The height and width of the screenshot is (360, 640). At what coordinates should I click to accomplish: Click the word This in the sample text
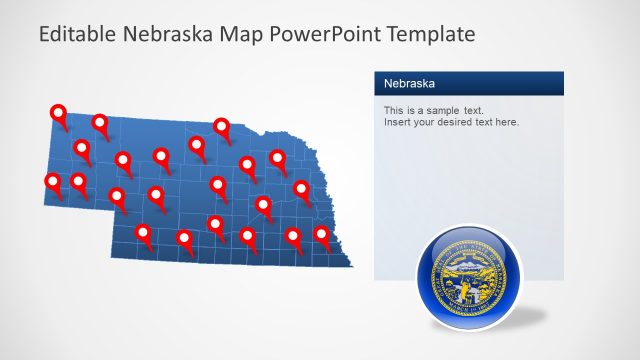[x=394, y=109]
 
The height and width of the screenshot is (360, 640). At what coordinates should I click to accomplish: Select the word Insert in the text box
[x=397, y=122]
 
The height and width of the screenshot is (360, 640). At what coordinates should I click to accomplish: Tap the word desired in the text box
[x=458, y=122]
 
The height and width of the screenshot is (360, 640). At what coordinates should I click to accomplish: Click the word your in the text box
[x=425, y=122]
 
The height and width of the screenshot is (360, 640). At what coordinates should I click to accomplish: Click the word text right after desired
[x=486, y=122]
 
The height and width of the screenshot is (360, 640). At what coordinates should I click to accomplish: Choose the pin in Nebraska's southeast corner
[x=322, y=235]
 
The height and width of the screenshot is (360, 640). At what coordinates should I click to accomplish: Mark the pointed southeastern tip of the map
[x=351, y=265]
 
